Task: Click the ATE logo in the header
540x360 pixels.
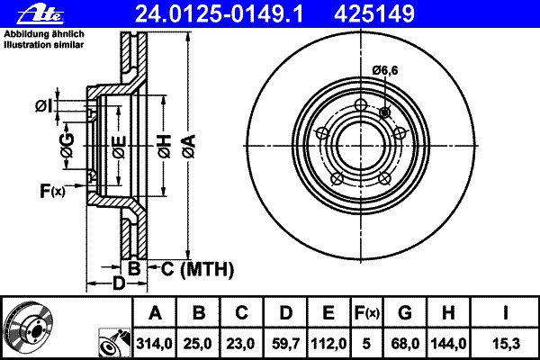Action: (x=40, y=14)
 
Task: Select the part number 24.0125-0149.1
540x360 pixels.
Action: (x=219, y=14)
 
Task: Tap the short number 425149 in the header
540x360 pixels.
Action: (x=374, y=14)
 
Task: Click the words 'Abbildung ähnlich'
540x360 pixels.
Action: (x=44, y=34)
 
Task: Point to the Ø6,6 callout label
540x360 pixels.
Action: (x=385, y=70)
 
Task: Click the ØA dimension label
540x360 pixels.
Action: (x=189, y=146)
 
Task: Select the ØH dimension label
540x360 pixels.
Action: (x=165, y=147)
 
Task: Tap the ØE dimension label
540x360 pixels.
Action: (x=119, y=147)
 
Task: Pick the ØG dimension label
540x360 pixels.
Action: (x=67, y=145)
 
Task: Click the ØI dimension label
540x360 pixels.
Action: (x=43, y=106)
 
